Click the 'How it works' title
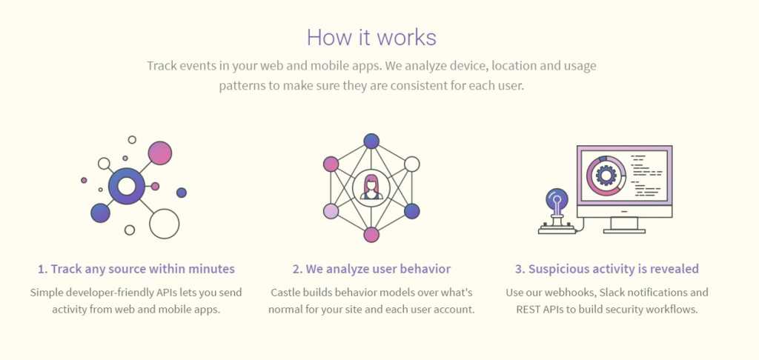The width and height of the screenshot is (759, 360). tap(371, 37)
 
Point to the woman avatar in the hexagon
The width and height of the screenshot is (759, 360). tap(371, 187)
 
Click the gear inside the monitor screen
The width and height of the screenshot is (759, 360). tap(605, 175)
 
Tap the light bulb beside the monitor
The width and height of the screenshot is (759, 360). tap(557, 200)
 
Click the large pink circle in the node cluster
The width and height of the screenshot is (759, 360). tap(160, 153)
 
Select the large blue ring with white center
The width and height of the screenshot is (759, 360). tap(126, 186)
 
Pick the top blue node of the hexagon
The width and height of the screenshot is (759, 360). tap(371, 141)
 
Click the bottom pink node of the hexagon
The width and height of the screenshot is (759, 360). tap(371, 235)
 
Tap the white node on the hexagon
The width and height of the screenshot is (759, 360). tap(412, 164)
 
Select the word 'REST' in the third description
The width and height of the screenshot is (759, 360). tap(528, 309)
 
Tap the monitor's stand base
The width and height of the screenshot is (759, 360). tap(624, 231)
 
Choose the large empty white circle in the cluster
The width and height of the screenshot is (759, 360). tap(164, 224)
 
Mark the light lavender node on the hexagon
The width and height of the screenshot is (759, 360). tap(331, 211)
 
